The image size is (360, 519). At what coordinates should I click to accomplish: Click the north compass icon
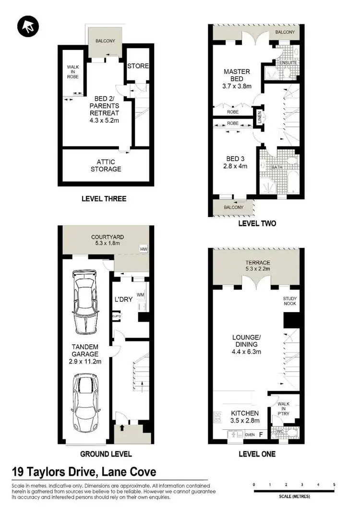[27, 27]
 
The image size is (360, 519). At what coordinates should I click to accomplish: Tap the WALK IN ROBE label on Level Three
[73, 72]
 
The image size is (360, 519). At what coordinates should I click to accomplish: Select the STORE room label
[138, 66]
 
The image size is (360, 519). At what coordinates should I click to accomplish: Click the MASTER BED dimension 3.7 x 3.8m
[237, 86]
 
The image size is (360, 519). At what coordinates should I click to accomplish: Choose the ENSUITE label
[289, 63]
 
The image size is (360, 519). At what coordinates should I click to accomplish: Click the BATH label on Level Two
[276, 168]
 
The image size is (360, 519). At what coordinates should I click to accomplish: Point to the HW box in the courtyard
[144, 249]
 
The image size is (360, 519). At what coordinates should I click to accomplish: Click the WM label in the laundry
[141, 294]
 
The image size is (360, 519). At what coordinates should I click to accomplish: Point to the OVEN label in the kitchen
[250, 435]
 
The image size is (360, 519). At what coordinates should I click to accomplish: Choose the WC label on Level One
[280, 432]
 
